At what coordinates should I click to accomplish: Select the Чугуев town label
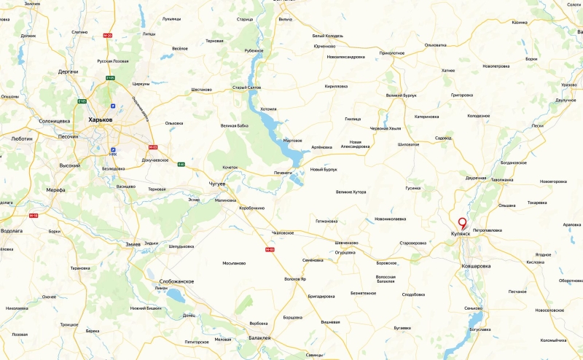pos(217,184)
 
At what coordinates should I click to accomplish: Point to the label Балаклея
pos(259,338)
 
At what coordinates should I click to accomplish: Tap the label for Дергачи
pos(69,71)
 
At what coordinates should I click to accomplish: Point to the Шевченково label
pos(346,243)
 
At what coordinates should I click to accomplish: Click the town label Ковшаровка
pos(476,266)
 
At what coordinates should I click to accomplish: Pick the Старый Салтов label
pos(246,87)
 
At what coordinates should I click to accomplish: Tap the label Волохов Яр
pos(298,279)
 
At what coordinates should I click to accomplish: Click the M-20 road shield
pos(108,35)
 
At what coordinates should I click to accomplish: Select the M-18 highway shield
pos(33,215)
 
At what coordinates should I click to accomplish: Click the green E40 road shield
pos(181,164)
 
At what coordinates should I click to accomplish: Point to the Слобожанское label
pos(176,281)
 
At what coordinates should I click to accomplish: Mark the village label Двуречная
pos(476,178)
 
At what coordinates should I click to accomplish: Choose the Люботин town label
pos(23,137)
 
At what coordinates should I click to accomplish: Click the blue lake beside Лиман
pos(176,296)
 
